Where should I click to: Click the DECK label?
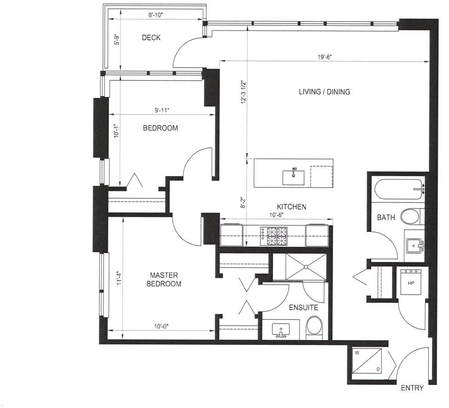pyautogui.click(x=151, y=38)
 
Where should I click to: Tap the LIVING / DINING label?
pyautogui.click(x=324, y=92)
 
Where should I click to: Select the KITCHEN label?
pyautogui.click(x=292, y=207)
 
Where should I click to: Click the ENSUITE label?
pyautogui.click(x=304, y=307)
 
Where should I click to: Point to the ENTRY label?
pyautogui.click(x=412, y=388)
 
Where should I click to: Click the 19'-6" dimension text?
pyautogui.click(x=324, y=57)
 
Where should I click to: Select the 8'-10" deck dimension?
pyautogui.click(x=155, y=15)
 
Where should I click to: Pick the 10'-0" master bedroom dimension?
pyautogui.click(x=161, y=326)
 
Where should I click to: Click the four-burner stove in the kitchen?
pyautogui.click(x=273, y=236)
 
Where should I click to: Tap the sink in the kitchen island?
pyautogui.click(x=294, y=177)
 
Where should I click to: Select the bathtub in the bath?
pyautogui.click(x=398, y=189)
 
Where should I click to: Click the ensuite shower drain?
pyautogui.click(x=306, y=267)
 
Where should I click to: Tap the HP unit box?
pyautogui.click(x=411, y=282)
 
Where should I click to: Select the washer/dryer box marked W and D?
pyautogui.click(x=367, y=361)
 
